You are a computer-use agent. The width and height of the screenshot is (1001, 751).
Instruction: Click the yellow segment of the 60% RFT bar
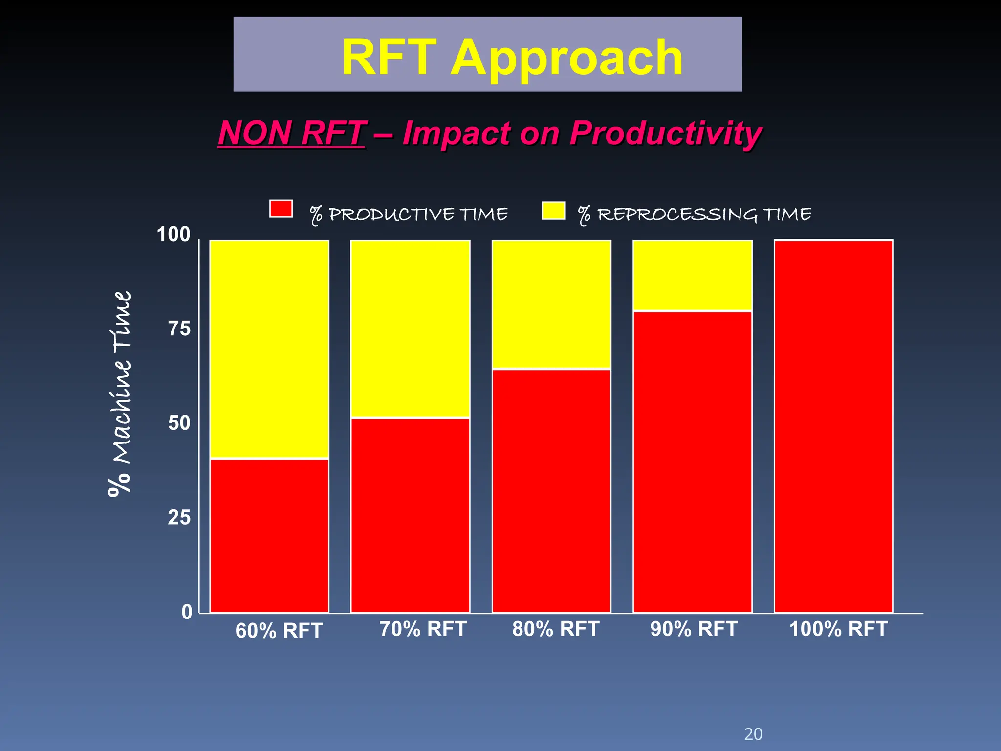269,349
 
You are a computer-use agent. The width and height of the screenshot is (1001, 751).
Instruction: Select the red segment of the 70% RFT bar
410,514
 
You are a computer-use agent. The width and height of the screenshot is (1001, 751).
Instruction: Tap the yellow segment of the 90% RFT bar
692,275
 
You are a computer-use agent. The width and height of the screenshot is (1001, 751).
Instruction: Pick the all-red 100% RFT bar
833,425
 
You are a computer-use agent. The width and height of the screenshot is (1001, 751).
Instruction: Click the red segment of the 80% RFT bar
551,490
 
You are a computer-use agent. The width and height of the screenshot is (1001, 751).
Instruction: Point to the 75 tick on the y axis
179,329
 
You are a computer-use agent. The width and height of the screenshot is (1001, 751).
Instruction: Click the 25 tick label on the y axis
179,517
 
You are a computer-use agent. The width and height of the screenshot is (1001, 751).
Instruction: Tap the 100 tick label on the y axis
174,235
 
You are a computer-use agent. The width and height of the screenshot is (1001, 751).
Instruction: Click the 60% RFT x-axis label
279,631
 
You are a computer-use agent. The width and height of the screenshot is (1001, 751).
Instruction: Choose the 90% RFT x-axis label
694,629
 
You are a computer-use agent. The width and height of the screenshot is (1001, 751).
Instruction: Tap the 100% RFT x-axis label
838,629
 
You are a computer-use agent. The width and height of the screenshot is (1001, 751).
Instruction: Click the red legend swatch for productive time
281,209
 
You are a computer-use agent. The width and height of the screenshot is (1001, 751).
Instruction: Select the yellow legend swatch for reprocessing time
553,211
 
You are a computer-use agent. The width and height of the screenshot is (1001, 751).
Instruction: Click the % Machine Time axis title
120,394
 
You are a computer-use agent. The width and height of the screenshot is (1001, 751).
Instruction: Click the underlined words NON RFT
292,133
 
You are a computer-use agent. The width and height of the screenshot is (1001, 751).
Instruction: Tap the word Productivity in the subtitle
666,133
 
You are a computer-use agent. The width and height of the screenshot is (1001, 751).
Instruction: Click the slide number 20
753,734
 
